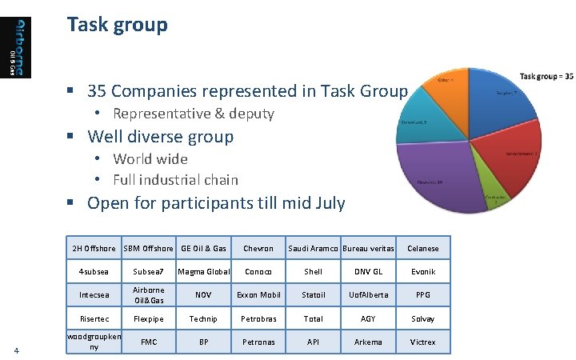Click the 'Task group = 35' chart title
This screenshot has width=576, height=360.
point(546,76)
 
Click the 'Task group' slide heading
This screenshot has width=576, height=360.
point(118,25)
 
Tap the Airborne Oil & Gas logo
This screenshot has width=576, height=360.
point(22,47)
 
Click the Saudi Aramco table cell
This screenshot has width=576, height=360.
point(314,248)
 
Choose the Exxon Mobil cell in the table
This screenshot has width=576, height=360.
point(258,294)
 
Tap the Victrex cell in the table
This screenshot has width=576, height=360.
point(423,342)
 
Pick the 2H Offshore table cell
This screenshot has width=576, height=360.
point(94,248)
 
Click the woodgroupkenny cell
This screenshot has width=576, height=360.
point(94,342)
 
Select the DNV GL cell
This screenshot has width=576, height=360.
point(368,271)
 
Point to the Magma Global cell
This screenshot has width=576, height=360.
point(203,271)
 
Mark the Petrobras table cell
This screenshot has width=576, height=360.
point(258,318)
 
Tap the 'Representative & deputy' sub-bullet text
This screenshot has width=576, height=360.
point(193,114)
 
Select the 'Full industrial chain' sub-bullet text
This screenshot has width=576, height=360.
point(175,179)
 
